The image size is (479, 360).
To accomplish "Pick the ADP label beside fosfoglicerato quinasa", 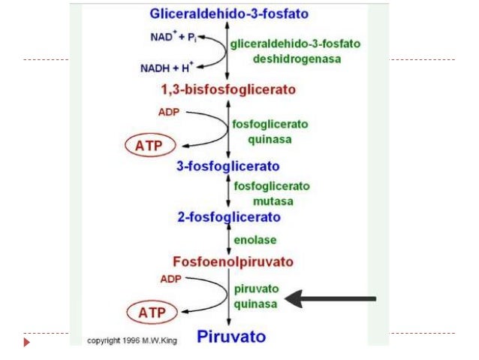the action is click(170, 113).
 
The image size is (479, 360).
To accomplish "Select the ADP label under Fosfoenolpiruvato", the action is click(170, 279).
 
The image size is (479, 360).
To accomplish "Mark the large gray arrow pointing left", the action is click(331, 299).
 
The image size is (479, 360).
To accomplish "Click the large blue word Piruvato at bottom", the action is click(231, 335).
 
